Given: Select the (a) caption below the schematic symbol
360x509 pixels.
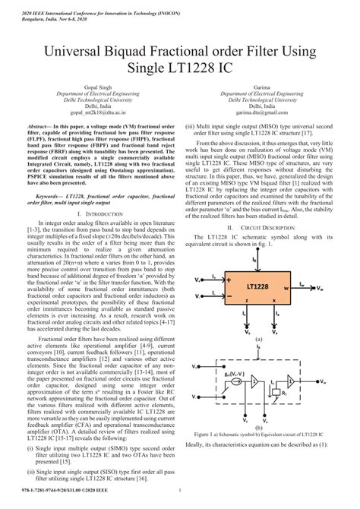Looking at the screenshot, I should pyautogui.click(x=261, y=340).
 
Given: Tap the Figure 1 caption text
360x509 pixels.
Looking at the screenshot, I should pyautogui.click(x=261, y=435).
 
